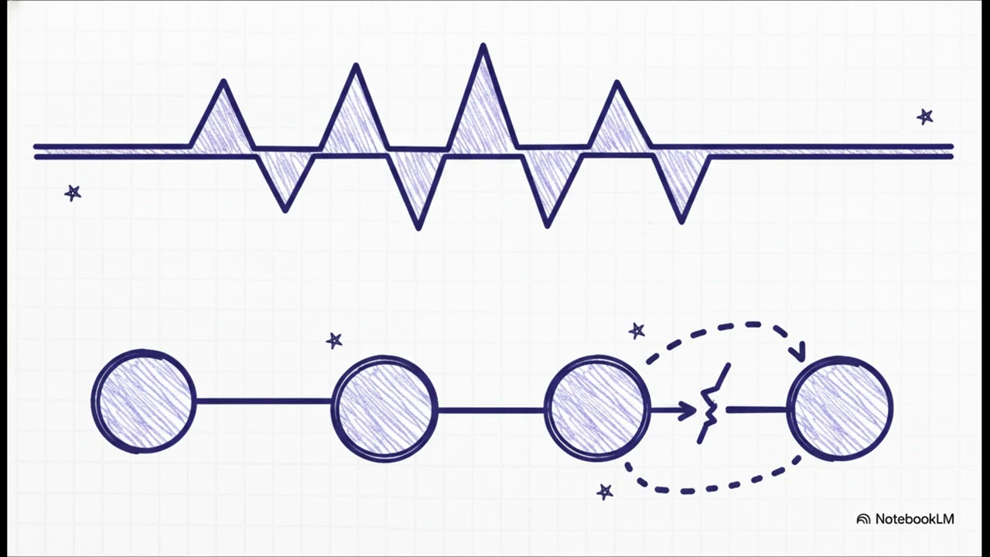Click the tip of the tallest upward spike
[483, 46]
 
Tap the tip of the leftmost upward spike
[224, 81]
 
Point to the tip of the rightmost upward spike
[617, 83]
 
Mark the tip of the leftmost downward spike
[285, 210]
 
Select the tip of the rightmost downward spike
[681, 221]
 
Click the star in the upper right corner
[925, 117]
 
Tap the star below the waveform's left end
[73, 193]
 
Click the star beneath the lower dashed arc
[605, 491]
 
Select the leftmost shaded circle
[144, 402]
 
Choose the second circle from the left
[384, 409]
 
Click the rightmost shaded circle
[840, 408]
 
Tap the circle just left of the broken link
[597, 408]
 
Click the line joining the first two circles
[264, 402]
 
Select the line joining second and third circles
[490, 411]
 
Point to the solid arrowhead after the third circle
[688, 411]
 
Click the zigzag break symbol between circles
[712, 403]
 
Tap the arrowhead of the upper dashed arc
[799, 353]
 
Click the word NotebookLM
[914, 519]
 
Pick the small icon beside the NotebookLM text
[863, 519]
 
